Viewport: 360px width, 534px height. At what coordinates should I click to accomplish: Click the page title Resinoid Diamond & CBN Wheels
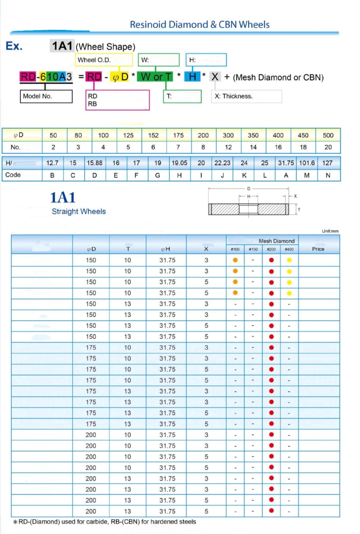199,25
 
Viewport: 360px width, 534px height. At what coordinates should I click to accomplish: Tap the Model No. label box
46,96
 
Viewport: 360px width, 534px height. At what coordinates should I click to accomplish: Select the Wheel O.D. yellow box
104,60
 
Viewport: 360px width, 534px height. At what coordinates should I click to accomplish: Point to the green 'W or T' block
156,77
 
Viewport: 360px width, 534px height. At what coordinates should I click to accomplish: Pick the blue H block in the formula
192,77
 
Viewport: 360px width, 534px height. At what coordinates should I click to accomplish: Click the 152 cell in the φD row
153,135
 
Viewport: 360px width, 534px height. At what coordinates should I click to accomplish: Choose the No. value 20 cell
328,147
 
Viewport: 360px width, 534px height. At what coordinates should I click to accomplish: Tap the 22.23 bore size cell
222,163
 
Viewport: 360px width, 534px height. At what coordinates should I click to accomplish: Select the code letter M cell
307,175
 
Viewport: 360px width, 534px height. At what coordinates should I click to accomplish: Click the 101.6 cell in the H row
307,163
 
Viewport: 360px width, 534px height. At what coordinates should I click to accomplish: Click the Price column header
318,249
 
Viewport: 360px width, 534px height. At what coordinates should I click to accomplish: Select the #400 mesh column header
289,249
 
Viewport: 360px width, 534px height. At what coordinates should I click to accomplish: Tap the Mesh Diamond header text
276,241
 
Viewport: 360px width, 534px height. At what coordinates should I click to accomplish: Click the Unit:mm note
330,231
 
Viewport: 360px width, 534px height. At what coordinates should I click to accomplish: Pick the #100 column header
235,249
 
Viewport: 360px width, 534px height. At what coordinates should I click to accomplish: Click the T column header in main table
128,249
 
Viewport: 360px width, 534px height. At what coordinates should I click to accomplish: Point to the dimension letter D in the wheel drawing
248,189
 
